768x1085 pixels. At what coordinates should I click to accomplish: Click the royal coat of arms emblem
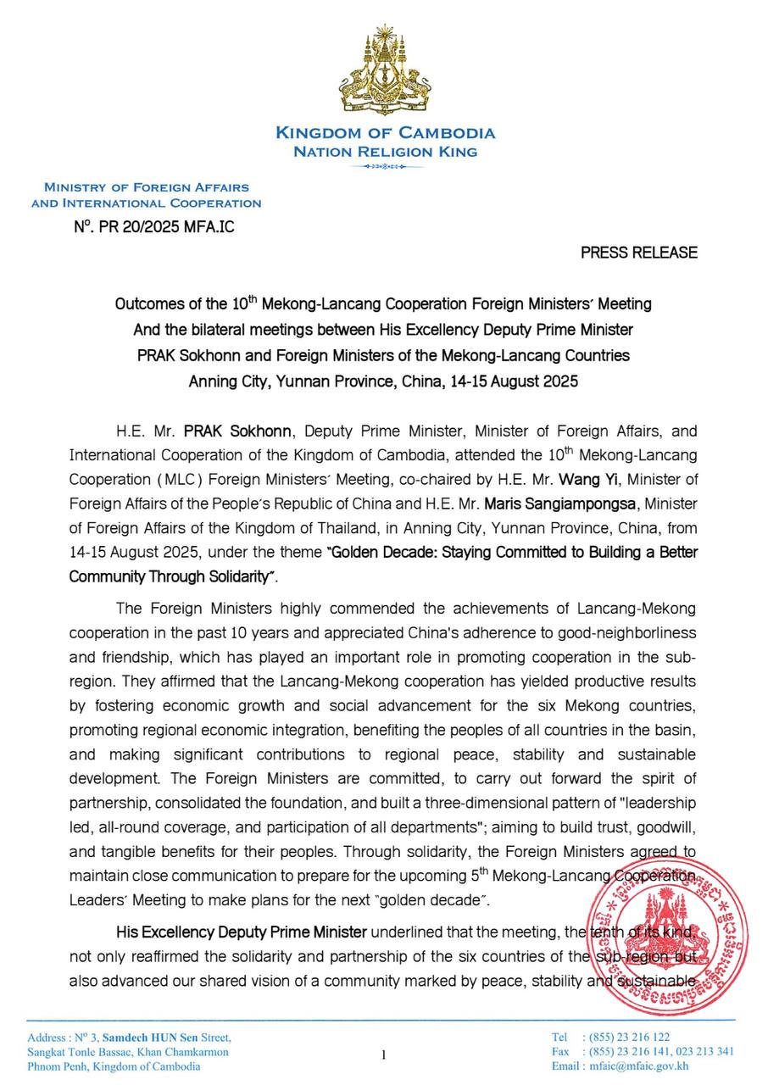coord(386,73)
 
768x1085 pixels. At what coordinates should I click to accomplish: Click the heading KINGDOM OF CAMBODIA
coord(386,133)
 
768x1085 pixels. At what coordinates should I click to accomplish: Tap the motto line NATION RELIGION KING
coord(386,153)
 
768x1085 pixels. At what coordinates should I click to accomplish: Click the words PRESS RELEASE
coord(639,253)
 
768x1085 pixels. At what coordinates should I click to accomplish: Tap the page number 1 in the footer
coord(383,1054)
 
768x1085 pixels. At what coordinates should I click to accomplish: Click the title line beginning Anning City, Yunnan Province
coord(383,381)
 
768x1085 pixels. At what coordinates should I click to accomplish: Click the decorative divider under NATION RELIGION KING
coord(386,167)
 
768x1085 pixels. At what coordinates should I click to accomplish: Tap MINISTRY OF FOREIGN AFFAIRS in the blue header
coord(147,187)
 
